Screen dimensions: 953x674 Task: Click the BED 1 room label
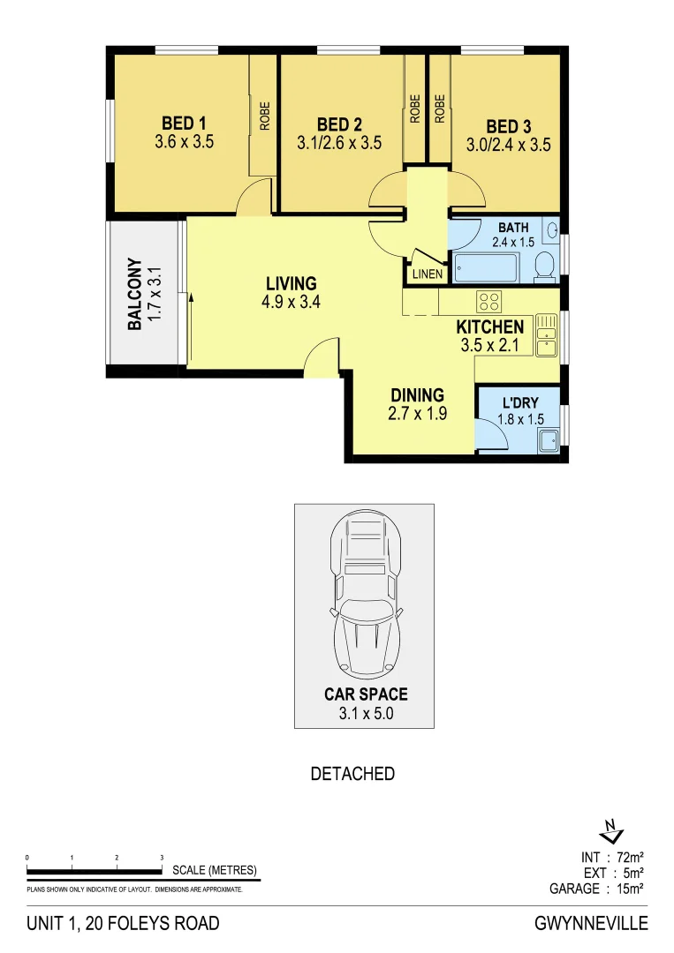click(x=185, y=123)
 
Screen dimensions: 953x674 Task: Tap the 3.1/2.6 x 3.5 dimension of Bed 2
click(x=339, y=143)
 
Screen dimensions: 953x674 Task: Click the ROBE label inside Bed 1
click(x=264, y=116)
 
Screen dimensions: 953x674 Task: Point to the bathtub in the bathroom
click(x=486, y=266)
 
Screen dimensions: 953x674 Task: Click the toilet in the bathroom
click(x=545, y=263)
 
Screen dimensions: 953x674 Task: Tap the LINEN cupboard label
click(x=427, y=274)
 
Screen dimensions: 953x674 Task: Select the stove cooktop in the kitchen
click(x=489, y=301)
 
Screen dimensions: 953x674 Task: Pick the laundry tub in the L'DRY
click(x=550, y=438)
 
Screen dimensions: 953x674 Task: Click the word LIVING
click(x=291, y=283)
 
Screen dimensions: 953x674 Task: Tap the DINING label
click(x=417, y=394)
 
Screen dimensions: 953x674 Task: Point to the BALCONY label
click(x=135, y=294)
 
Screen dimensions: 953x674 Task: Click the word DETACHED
click(x=352, y=774)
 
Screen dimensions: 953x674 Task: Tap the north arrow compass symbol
click(x=610, y=832)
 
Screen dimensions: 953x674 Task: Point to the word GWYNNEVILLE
click(x=591, y=924)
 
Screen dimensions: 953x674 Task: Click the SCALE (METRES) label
click(x=215, y=870)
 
